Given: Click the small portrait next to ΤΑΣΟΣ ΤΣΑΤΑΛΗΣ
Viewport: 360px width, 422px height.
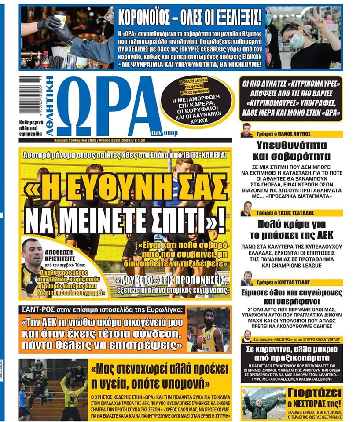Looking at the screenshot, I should coord(246,209).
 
